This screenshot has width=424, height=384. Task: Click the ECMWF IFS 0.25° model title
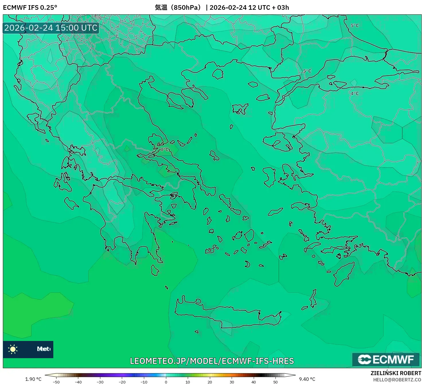tap(30, 7)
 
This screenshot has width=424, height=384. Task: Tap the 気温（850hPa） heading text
tap(178, 7)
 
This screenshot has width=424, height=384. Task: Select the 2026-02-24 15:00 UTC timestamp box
tap(51, 28)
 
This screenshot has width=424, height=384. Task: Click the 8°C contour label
tap(164, 150)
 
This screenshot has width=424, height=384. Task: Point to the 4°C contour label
tap(355, 93)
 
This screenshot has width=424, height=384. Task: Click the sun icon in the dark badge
tap(13, 349)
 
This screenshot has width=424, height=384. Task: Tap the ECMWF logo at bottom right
tap(386, 359)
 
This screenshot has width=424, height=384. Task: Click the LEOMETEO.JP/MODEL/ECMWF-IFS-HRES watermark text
tap(212, 361)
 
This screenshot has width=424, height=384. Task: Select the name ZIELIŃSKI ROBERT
tap(396, 373)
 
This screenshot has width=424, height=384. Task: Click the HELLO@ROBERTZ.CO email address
tap(397, 380)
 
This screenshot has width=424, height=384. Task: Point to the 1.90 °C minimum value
tap(33, 379)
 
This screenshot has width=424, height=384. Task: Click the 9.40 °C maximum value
tap(307, 379)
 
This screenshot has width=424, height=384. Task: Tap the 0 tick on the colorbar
tap(166, 382)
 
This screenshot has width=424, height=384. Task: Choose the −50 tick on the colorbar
tap(56, 382)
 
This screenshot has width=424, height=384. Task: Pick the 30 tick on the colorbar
tap(232, 382)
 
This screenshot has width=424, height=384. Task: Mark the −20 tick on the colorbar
tap(122, 382)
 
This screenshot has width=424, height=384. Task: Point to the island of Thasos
tap(218, 74)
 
